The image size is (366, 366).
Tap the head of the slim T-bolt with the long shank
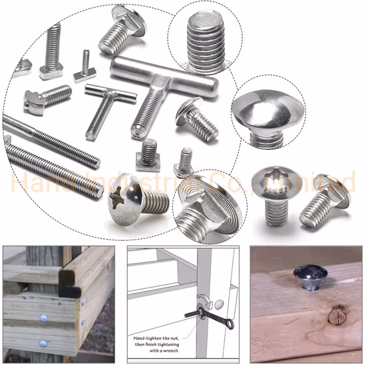(x=98, y=94)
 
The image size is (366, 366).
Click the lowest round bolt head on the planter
(x=43, y=344)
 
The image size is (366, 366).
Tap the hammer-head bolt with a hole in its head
(x=36, y=100)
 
